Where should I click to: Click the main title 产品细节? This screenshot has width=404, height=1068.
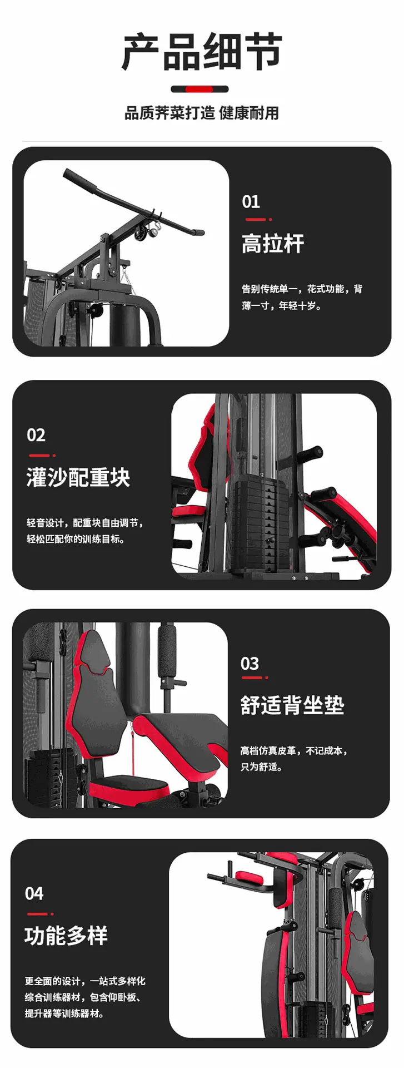coord(202,52)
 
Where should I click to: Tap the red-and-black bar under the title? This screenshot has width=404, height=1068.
coord(199,88)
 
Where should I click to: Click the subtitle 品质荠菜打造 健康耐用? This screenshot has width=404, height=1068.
coord(202,113)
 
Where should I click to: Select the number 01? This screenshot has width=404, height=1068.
coord(251,201)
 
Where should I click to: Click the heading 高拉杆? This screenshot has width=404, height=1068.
coord(273,244)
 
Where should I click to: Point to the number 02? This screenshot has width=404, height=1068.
coord(36,435)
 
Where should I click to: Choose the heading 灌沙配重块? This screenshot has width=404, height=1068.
coord(78,478)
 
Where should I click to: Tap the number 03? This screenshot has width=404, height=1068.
coord(250,664)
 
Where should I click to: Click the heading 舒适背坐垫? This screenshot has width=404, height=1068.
coord(292,705)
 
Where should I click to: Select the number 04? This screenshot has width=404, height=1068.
coord(34,893)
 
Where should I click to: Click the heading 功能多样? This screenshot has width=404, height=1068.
coord(66,936)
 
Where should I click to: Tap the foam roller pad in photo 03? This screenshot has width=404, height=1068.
coord(167,651)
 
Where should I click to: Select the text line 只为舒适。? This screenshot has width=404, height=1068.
coord(262,767)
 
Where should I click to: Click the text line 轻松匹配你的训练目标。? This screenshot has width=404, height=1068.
coord(76,539)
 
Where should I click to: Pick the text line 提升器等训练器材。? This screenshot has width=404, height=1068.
coord(64,1013)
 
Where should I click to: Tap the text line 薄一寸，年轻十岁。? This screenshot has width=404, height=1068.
coord(282,305)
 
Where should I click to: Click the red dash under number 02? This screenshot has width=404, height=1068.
coord(40,455)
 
